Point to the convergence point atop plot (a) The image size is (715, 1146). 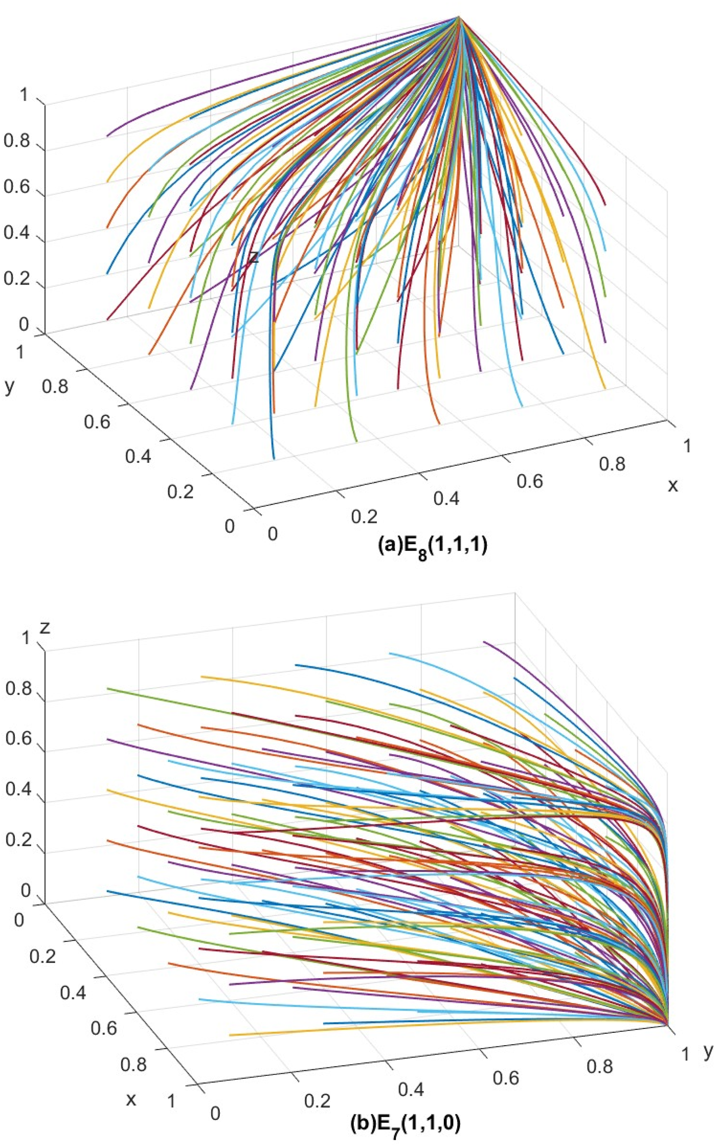click(459, 17)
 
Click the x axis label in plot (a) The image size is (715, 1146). click(673, 486)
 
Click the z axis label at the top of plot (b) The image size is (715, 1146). click(45, 614)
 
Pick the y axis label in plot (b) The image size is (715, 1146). click(707, 1051)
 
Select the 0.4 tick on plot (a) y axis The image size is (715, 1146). click(138, 456)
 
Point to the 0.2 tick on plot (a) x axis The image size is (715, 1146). click(364, 516)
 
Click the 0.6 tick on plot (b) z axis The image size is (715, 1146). click(18, 739)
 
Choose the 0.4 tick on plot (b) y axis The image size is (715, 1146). click(411, 1089)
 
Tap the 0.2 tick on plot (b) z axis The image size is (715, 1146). click(18, 840)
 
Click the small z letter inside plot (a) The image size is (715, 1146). click(254, 257)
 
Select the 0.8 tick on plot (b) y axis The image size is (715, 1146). click(599, 1066)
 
